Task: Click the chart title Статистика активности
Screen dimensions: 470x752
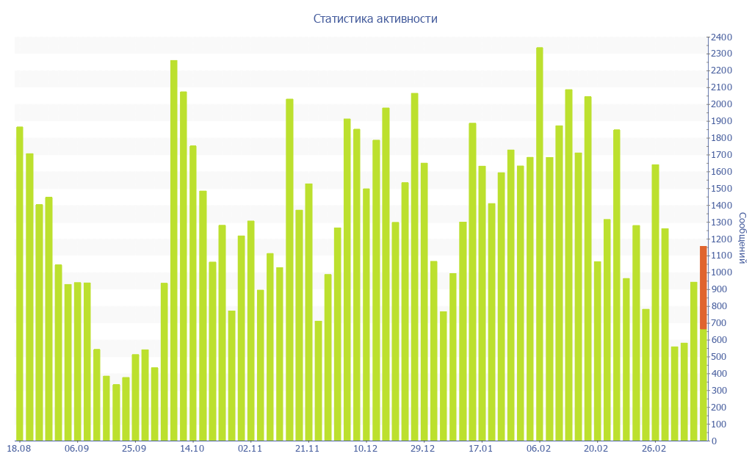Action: tap(375, 18)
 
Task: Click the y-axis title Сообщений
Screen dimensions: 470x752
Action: tap(742, 238)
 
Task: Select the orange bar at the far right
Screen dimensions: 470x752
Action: tap(703, 288)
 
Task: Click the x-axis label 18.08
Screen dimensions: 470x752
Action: tap(18, 448)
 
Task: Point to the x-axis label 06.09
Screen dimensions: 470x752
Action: tap(76, 448)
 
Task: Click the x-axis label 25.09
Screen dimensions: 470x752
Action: tap(134, 448)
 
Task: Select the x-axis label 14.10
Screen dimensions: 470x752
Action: tap(192, 448)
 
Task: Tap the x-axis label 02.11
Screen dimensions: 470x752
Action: tap(250, 448)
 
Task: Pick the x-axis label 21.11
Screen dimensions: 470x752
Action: tap(307, 448)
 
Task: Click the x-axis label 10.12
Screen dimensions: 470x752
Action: tap(365, 448)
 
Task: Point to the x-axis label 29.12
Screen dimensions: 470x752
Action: tap(423, 448)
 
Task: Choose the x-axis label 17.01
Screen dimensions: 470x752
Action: tap(480, 448)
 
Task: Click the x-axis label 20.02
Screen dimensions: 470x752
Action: tap(596, 448)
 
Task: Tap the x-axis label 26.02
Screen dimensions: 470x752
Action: tap(654, 448)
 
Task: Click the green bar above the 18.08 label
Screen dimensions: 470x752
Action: tap(20, 283)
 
